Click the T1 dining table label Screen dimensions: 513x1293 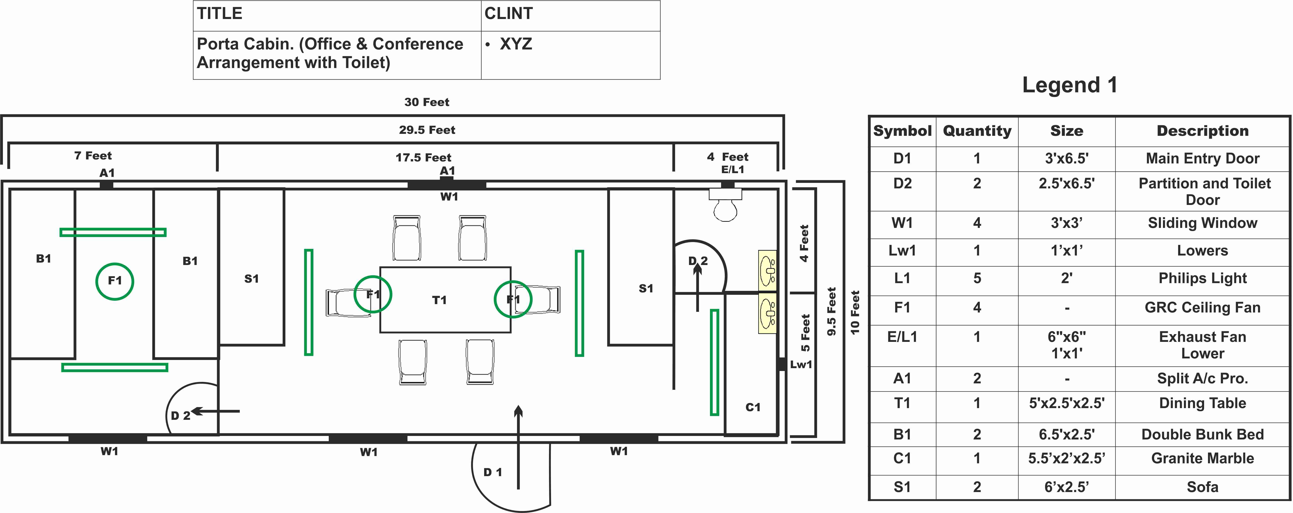(x=439, y=300)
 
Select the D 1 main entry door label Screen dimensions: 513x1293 (x=492, y=472)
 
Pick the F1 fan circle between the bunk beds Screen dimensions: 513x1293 (x=115, y=281)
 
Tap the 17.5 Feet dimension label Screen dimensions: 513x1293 (x=423, y=158)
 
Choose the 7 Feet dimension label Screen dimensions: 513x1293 (x=93, y=156)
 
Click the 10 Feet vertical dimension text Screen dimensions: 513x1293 (x=855, y=312)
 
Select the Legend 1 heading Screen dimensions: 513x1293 (x=1070, y=85)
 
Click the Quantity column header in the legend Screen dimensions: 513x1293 (x=977, y=131)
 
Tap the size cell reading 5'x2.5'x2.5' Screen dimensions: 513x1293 (x=1067, y=403)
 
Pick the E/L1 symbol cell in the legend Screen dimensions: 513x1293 (x=902, y=337)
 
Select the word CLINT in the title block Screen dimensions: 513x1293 (x=508, y=13)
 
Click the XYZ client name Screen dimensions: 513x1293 (x=515, y=44)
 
